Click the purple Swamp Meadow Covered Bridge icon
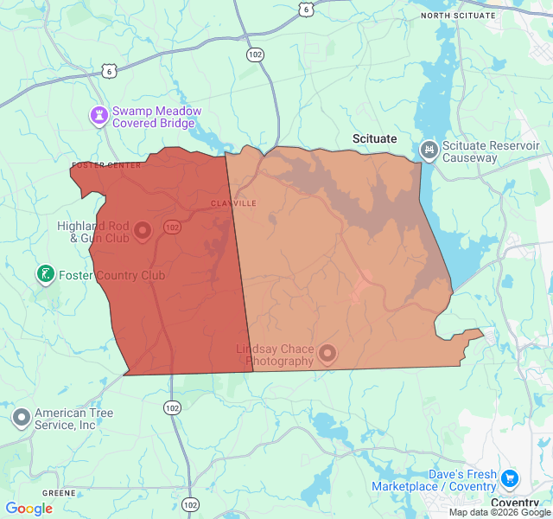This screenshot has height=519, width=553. [x=100, y=114]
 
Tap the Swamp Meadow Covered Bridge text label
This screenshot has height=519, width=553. [x=156, y=118]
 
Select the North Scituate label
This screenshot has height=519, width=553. [x=458, y=16]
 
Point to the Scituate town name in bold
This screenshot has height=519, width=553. [x=374, y=138]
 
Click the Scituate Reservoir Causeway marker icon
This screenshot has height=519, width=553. [x=428, y=151]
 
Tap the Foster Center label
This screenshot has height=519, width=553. [x=106, y=165]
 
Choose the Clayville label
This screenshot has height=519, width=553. [x=233, y=203]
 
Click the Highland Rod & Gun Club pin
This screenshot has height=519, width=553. [x=143, y=230]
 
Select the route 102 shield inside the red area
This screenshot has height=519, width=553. [x=172, y=227]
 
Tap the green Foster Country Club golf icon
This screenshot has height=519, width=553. [x=45, y=275]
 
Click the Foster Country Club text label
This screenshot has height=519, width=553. [x=111, y=276]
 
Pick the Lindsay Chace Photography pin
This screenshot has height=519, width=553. [x=327, y=352]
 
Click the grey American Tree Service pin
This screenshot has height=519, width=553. [x=22, y=419]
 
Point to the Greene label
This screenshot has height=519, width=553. [x=58, y=493]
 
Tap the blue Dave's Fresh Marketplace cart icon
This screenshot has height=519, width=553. [x=510, y=477]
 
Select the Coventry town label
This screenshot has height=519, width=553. [x=515, y=503]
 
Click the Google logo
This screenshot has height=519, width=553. [x=29, y=509]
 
